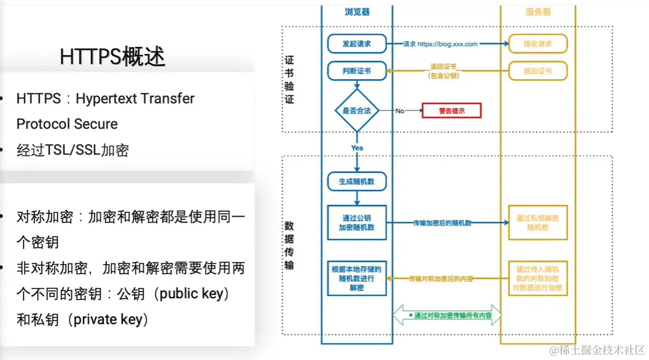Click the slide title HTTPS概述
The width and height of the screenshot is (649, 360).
pos(112,56)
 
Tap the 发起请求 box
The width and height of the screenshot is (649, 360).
pos(357,44)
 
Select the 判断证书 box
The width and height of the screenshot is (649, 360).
pos(357,71)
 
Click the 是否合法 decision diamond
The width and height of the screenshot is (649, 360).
pos(357,110)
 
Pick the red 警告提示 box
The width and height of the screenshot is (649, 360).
pos(451,110)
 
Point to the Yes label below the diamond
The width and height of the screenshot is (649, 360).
pos(357,148)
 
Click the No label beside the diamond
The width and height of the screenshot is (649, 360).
pos(400,111)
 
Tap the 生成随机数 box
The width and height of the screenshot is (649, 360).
pos(357,182)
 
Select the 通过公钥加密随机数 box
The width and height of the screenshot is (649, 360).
pos(357,223)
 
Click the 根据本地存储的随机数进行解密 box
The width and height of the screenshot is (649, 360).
pos(357,278)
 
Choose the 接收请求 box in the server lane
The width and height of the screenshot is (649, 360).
pos(538,44)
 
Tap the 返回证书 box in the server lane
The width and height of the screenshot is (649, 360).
pos(538,71)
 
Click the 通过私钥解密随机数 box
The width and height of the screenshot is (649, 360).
pos(538,223)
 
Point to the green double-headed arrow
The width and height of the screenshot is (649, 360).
pos(447,315)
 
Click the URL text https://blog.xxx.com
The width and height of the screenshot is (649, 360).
pos(447,44)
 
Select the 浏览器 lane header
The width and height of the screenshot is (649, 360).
pos(357,11)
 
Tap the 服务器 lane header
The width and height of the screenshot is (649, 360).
pos(538,11)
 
